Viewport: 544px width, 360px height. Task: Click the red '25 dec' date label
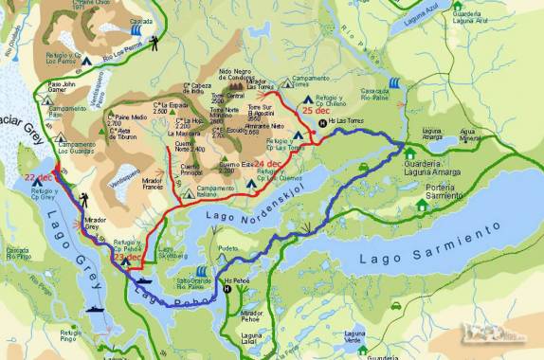point(316,110)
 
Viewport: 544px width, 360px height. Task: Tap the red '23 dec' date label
point(127,257)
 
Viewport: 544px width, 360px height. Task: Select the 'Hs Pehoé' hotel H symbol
point(226,289)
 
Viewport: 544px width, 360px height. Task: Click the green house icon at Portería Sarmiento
point(422,204)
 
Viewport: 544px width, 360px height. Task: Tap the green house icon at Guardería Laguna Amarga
point(409,152)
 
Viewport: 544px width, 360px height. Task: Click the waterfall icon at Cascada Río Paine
point(394,83)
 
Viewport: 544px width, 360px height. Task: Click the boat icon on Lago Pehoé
point(144,280)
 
